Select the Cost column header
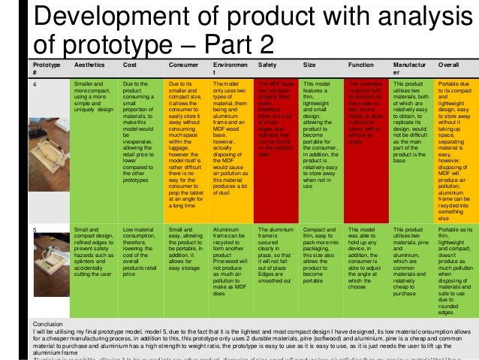pos(129,67)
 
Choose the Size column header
pos(309,67)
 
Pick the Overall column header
pos(449,67)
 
